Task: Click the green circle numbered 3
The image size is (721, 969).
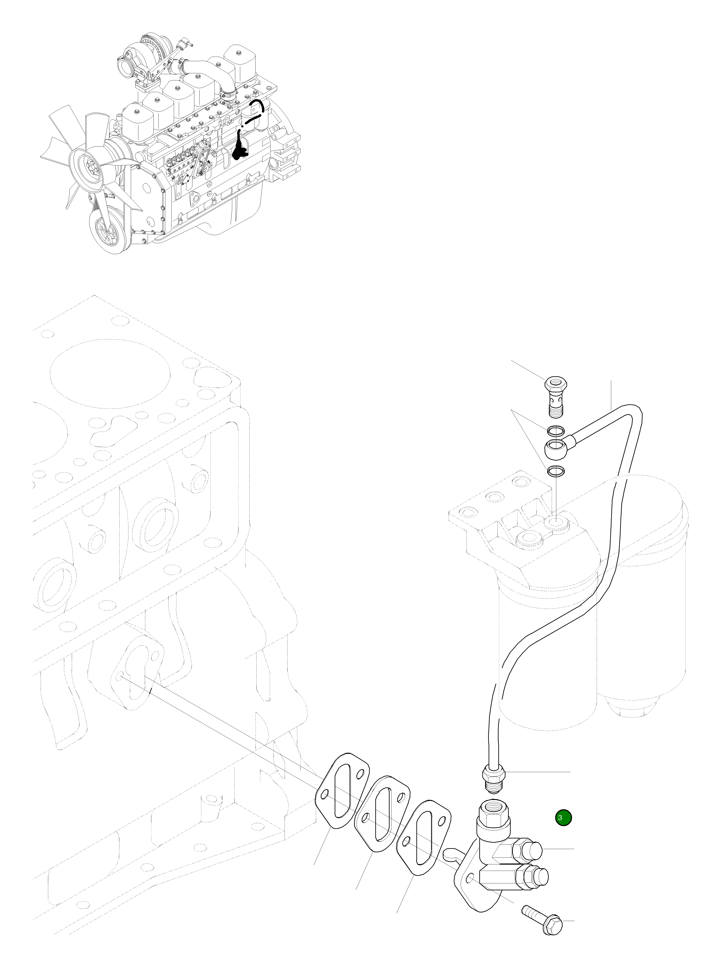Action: (563, 818)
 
